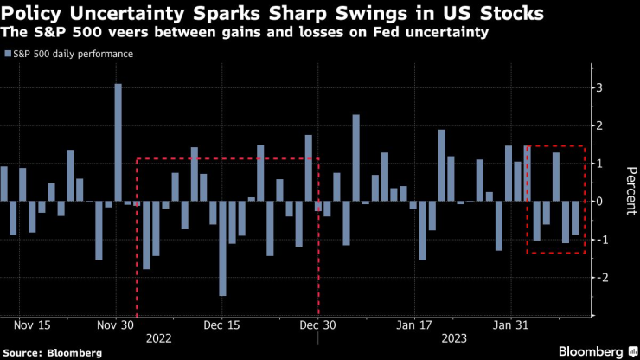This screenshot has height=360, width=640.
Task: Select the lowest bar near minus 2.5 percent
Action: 222,248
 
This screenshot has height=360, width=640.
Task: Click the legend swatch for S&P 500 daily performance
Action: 7,54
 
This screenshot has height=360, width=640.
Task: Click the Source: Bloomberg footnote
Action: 52,352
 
